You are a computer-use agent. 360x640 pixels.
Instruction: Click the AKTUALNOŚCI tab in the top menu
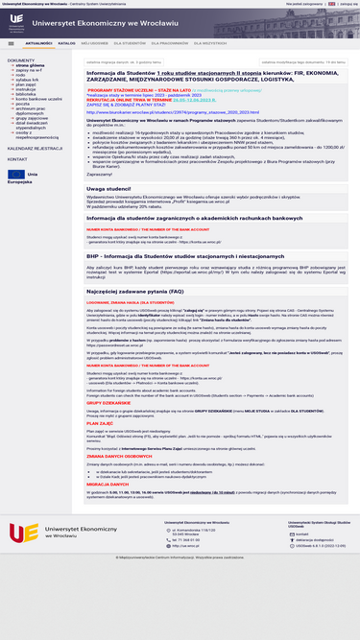tap(38, 43)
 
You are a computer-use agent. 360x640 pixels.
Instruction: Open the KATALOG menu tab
tap(66, 43)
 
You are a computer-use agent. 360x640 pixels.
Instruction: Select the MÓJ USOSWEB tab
tap(94, 43)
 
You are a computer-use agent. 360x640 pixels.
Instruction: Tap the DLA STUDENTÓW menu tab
tap(129, 43)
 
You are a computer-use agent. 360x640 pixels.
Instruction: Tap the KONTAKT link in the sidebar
tap(18, 159)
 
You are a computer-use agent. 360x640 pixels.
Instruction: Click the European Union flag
tap(16, 175)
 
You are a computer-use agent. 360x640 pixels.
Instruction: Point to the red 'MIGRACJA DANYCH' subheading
tap(105, 484)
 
